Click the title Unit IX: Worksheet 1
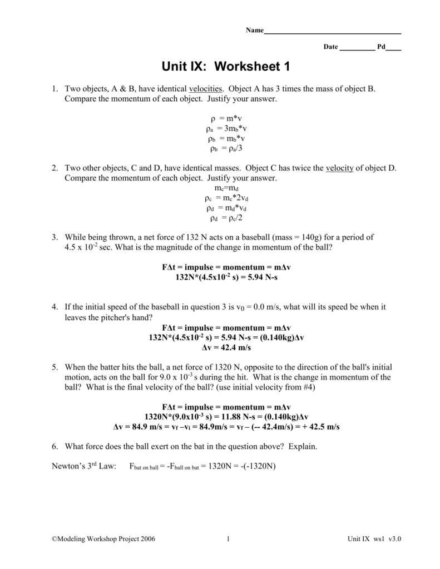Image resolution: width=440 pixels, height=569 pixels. [226, 67]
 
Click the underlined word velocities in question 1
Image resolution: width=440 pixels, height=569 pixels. [206, 89]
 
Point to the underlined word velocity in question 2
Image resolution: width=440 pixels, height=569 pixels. [339, 168]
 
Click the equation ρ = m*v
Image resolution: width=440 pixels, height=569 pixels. [226, 119]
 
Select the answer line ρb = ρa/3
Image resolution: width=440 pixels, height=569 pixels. [226, 148]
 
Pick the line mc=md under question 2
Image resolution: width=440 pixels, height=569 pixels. [226, 188]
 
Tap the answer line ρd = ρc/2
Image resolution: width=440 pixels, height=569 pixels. [226, 218]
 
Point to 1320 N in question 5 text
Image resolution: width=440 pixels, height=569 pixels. [227, 367]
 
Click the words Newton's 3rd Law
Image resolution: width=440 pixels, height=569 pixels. [83, 466]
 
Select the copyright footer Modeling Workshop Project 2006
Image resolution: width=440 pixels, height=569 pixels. [103, 539]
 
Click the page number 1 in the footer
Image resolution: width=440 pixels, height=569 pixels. [229, 539]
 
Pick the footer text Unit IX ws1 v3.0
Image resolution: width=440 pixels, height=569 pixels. [374, 539]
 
